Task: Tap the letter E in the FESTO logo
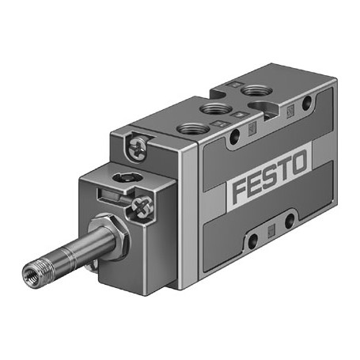pyautogui.click(x=256, y=184)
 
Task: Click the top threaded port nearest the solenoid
pyautogui.click(x=193, y=129)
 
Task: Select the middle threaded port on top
pyautogui.click(x=216, y=108)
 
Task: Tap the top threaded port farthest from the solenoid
pyautogui.click(x=256, y=91)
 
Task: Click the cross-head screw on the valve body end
pyautogui.click(x=137, y=148)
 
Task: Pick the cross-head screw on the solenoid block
pyautogui.click(x=142, y=207)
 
